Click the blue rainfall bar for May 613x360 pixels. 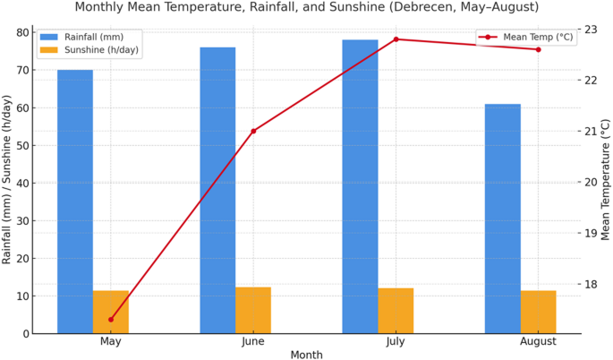pos(75,201)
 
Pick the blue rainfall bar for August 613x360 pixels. pos(503,219)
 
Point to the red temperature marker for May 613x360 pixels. pos(111,320)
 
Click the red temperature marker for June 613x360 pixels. pos(253,131)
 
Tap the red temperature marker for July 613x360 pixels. pos(396,39)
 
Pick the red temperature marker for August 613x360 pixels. pos(539,49)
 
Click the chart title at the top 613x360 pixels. pos(307,7)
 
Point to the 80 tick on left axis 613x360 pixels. pos(23,32)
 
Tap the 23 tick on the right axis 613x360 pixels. pos(589,30)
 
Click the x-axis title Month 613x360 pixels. pos(306,355)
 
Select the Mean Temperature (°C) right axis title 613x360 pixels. pos(606,182)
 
